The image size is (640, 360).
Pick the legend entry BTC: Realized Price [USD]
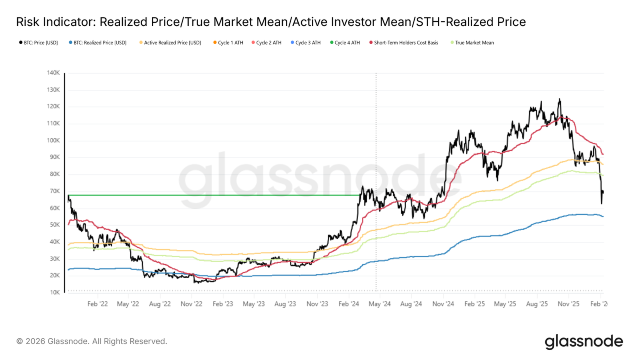coord(100,43)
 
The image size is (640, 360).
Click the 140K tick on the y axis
coord(53,73)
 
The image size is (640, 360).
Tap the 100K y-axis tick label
coord(53,140)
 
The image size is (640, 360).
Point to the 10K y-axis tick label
coord(54,292)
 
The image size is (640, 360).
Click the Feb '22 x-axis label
coord(97,304)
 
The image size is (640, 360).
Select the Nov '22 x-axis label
coord(191,304)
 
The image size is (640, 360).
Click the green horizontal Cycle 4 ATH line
coord(213,195)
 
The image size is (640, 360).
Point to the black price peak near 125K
coord(559,100)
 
